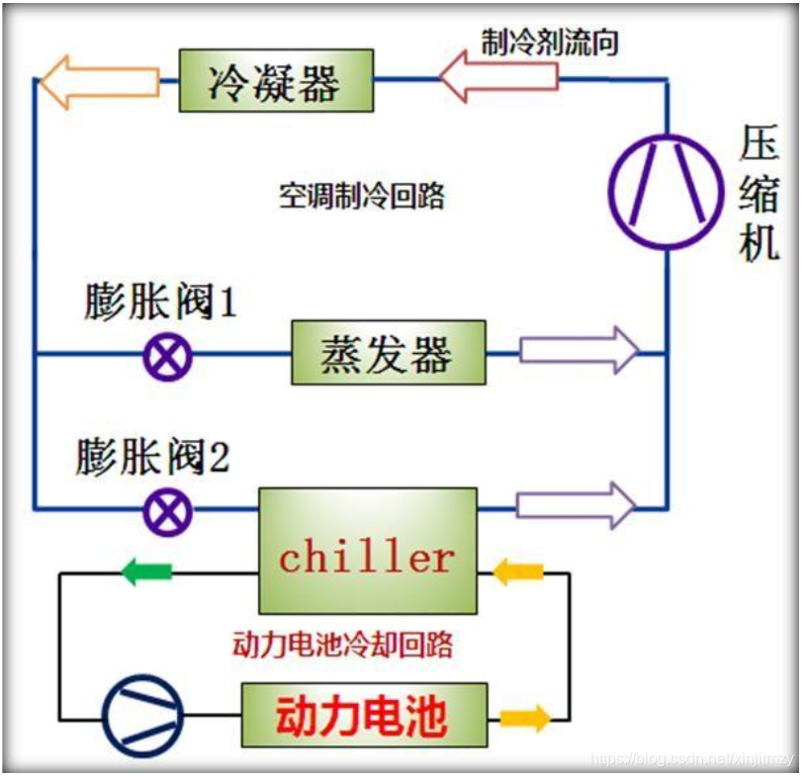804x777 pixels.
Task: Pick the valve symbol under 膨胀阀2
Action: click(x=167, y=511)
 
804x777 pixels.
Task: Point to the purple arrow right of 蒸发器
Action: click(x=579, y=350)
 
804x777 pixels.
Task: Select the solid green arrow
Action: click(x=145, y=570)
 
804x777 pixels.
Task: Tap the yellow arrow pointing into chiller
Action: click(x=517, y=571)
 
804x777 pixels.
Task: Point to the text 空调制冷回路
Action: click(x=361, y=196)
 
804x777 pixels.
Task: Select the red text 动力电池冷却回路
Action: click(x=342, y=645)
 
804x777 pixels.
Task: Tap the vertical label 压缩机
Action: click(x=759, y=196)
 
